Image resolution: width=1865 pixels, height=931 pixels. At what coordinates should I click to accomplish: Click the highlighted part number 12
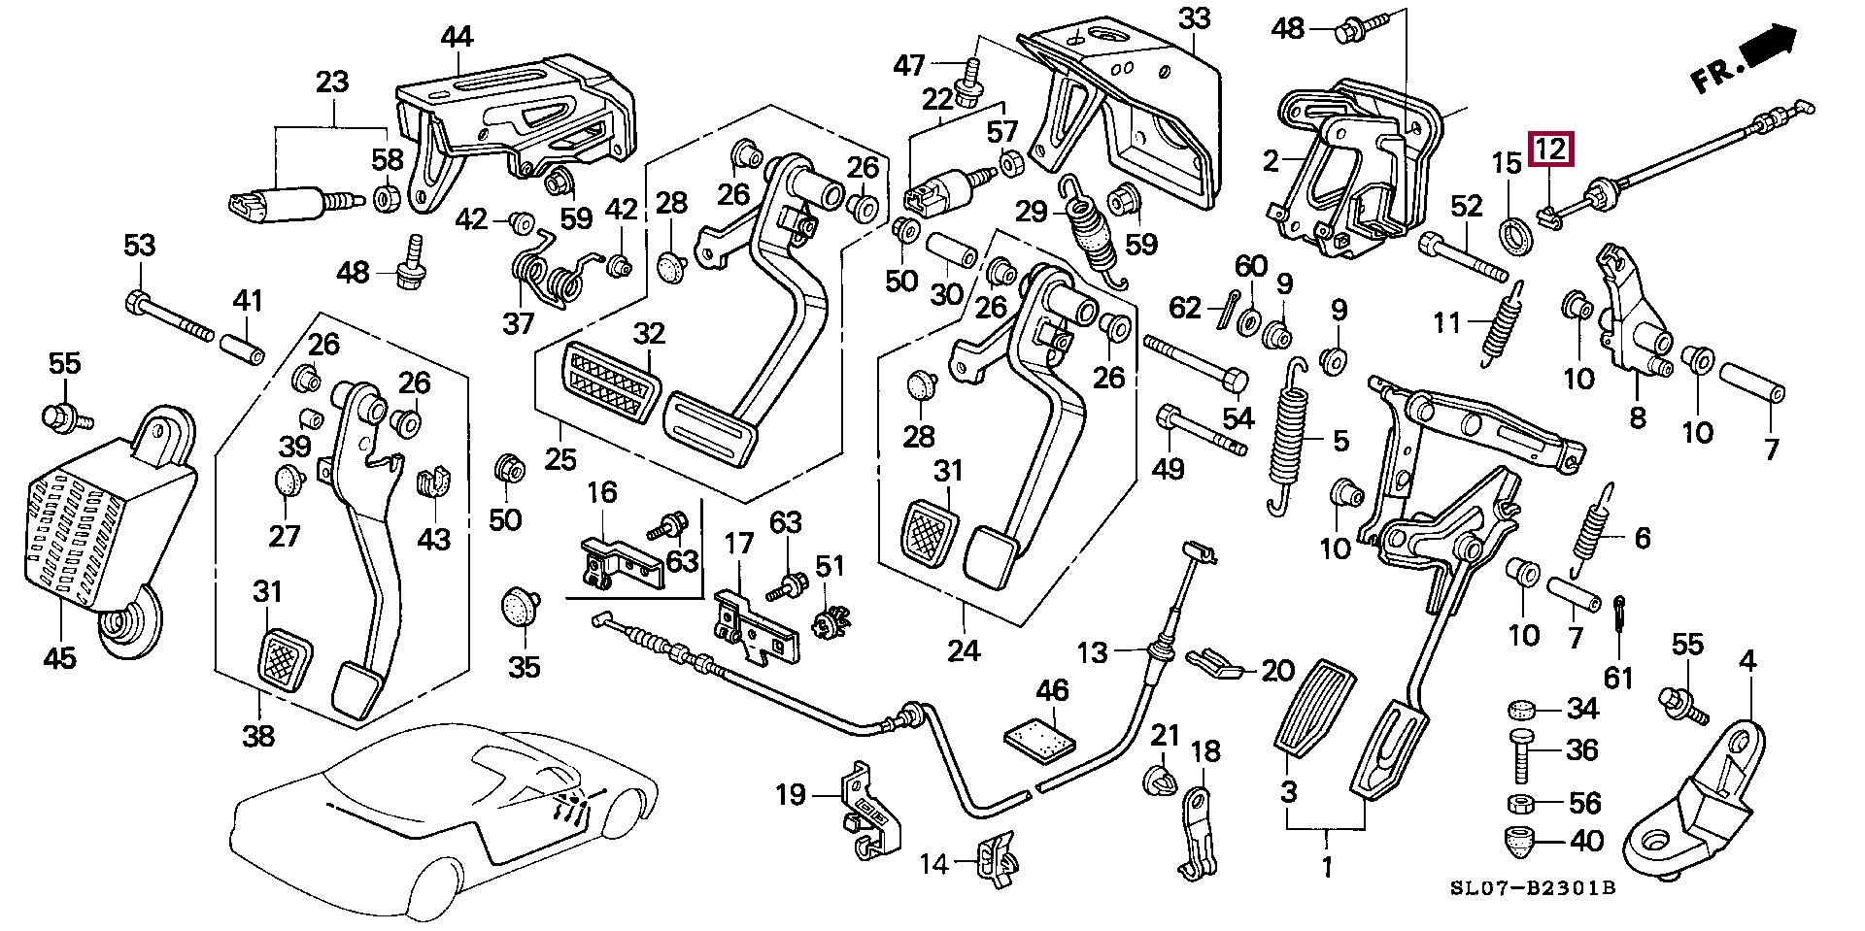(x=1549, y=150)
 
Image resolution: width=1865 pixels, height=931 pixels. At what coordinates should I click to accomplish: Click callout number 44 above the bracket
(x=456, y=37)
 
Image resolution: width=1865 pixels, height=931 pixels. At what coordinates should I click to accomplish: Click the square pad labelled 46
(x=1038, y=741)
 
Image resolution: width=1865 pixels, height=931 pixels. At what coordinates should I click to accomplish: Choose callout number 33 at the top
(x=1195, y=18)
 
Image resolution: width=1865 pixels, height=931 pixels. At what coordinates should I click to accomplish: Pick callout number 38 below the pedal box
(x=258, y=736)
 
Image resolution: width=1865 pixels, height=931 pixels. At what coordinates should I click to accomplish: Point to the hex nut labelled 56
(x=1523, y=803)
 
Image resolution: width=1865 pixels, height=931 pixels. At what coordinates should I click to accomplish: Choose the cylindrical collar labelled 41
(x=244, y=348)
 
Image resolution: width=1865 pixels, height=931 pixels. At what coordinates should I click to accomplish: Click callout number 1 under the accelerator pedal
(x=1327, y=865)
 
